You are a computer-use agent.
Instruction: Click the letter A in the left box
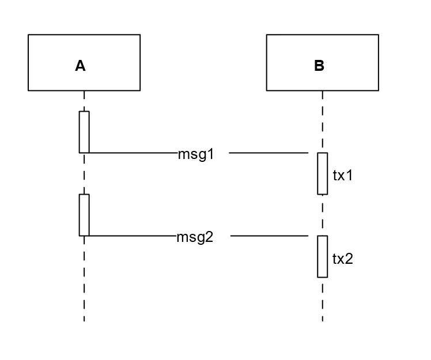80,66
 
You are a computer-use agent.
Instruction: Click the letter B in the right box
319,66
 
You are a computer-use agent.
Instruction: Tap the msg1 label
196,154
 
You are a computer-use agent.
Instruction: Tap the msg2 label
195,237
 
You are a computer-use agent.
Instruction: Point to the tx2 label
342,259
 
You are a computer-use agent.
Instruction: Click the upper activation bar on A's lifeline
84,132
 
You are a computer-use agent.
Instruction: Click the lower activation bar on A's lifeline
84,215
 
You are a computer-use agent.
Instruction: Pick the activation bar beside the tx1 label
322,173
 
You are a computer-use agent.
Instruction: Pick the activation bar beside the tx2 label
322,256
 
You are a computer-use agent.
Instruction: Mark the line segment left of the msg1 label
133,153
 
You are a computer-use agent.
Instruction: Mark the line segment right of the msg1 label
269,153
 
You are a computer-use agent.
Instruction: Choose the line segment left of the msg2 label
133,236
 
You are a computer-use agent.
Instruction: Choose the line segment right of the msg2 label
269,236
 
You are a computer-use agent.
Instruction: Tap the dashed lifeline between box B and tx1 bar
323,122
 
